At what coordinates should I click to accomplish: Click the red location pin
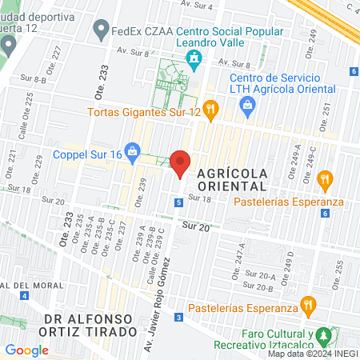click(x=181, y=163)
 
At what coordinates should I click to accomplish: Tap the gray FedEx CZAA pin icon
click(x=101, y=31)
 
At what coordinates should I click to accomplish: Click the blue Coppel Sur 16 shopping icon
click(x=134, y=150)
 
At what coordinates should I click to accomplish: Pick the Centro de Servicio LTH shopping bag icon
click(x=247, y=103)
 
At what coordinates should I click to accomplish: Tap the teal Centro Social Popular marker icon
click(x=193, y=58)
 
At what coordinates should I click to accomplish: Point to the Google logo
click(x=26, y=350)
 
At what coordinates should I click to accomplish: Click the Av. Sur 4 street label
click(x=198, y=5)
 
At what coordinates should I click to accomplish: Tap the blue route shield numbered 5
click(x=177, y=204)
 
